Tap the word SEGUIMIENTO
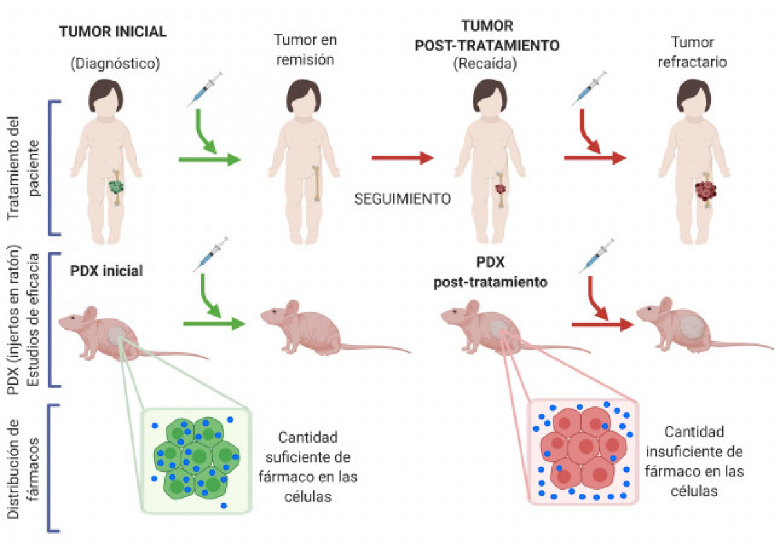402,199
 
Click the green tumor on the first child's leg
116,187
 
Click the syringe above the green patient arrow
204,88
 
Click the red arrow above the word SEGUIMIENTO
401,157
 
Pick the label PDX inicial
106,271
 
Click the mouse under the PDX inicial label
110,332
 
